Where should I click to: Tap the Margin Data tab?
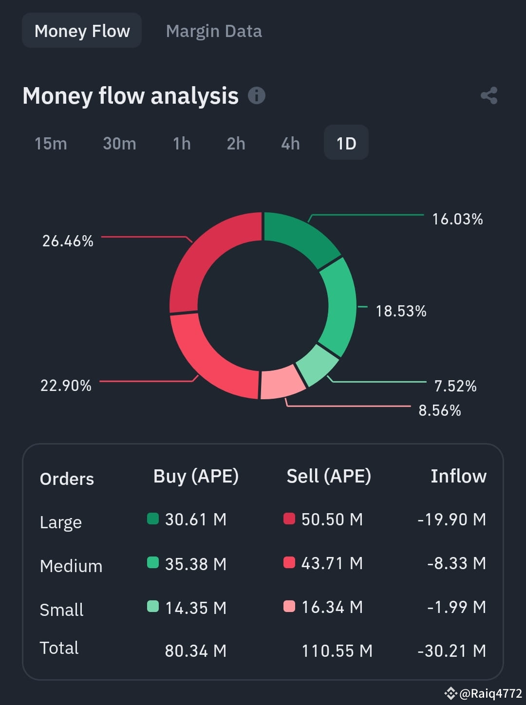(x=214, y=31)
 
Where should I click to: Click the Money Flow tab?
(x=82, y=31)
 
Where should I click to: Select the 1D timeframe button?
(x=346, y=143)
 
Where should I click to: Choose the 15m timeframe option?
(x=51, y=143)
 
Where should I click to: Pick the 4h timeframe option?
(x=290, y=143)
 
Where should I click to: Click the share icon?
(x=489, y=96)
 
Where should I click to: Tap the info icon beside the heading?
(x=256, y=95)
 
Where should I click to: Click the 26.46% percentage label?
(x=68, y=241)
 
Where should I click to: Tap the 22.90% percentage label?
(x=66, y=386)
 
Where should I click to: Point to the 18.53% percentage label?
(x=401, y=311)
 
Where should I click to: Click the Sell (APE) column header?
(x=329, y=476)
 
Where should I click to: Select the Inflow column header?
(x=458, y=476)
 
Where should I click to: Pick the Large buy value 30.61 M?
(x=196, y=519)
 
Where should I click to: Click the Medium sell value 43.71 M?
(x=332, y=563)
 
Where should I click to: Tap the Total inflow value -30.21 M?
(x=452, y=651)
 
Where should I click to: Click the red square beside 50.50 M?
(x=289, y=519)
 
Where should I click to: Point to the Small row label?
(x=61, y=609)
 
